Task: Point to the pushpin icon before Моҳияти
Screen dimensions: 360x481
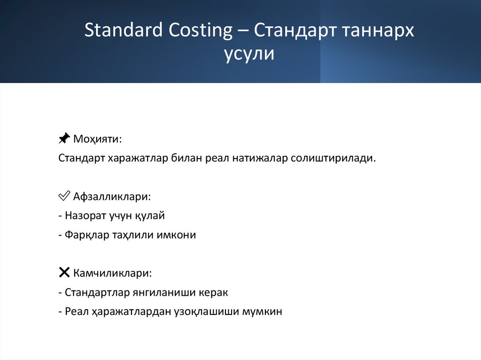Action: tap(64, 139)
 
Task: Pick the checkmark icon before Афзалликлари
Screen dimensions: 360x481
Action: tap(64, 196)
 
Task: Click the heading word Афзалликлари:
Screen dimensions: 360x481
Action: tap(112, 196)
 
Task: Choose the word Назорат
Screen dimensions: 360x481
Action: tap(85, 216)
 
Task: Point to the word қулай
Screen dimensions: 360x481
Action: tap(153, 216)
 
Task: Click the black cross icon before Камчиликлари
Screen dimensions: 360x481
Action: tap(64, 272)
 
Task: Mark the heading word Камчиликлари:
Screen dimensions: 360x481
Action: tap(112, 273)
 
